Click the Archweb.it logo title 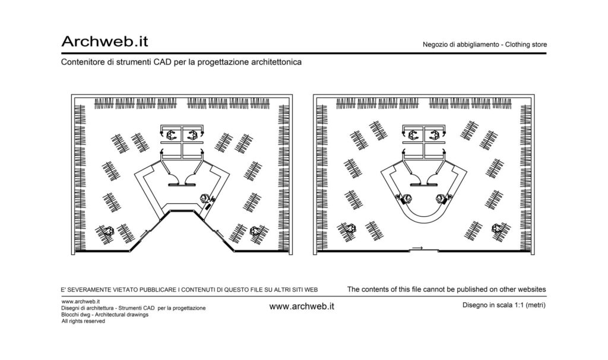coord(104,41)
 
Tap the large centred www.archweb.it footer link coord(302,306)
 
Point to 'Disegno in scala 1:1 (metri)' coord(503,305)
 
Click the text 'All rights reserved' coord(83,321)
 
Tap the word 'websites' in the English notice coord(531,289)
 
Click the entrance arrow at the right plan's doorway coord(417,248)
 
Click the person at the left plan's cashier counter coord(205,198)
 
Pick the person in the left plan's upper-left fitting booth coord(171,135)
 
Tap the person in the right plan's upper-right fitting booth coord(434,135)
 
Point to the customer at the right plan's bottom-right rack coord(497,229)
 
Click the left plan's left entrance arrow coord(144,233)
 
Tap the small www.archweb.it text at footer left coord(81,301)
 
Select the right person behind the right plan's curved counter coord(441,198)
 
